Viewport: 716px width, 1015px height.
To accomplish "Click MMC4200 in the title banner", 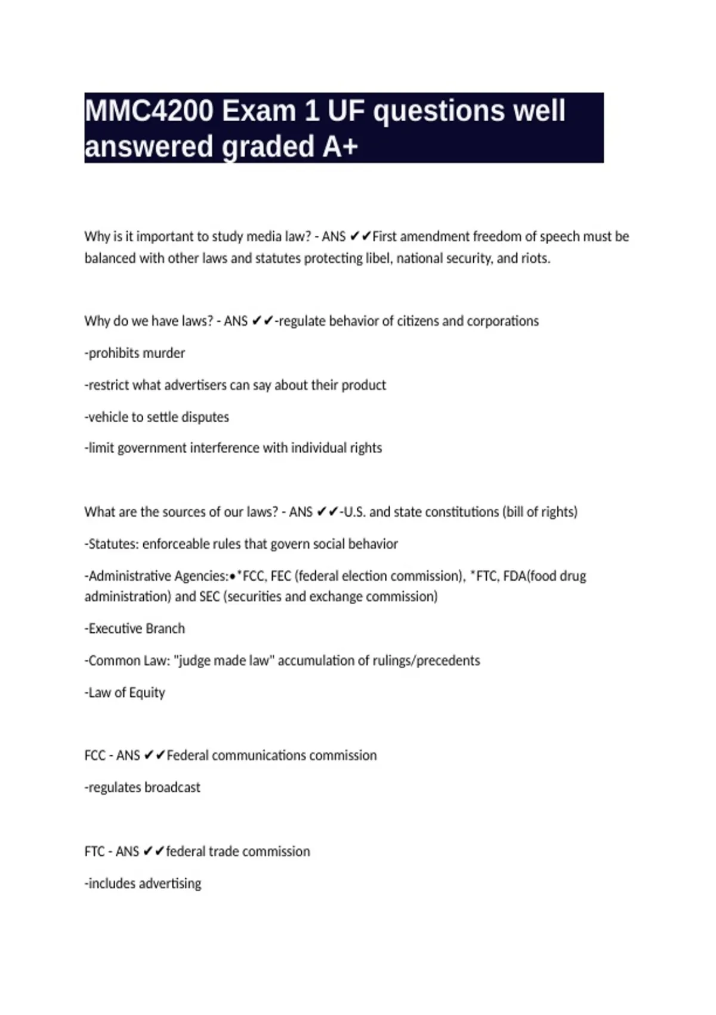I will pos(149,111).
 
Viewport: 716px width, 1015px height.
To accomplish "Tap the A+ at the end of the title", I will pos(340,147).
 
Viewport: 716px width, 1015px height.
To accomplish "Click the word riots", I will pos(535,259).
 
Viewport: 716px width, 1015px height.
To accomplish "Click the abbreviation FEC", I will pos(281,576).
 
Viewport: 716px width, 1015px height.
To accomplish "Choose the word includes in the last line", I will pos(111,884).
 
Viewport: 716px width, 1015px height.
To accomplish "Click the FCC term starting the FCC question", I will pos(95,756).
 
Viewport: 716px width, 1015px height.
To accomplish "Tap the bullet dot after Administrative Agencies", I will pos(232,577).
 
